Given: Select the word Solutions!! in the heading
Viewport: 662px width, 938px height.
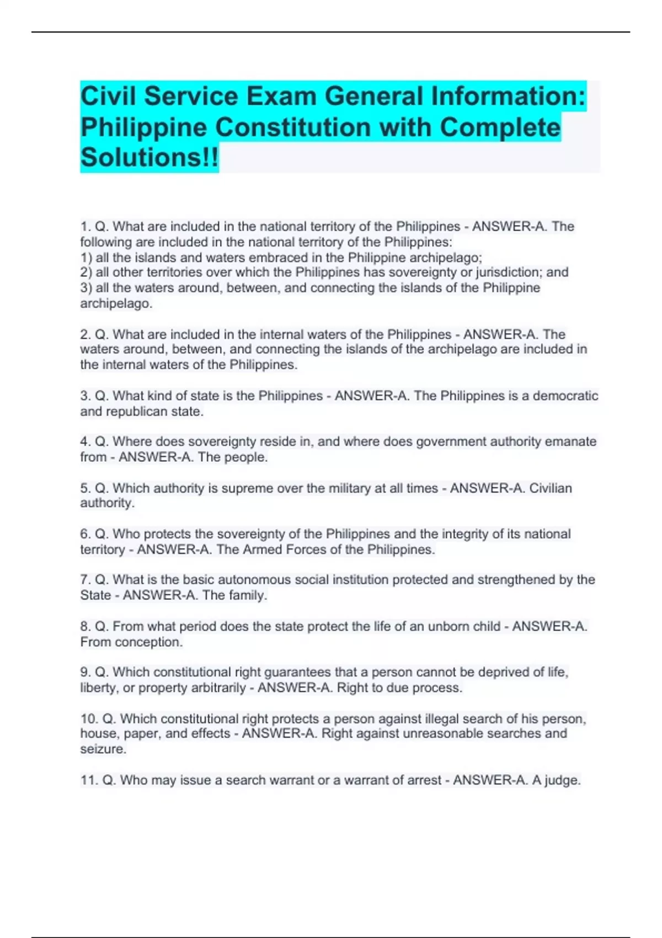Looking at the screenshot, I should (x=150, y=157).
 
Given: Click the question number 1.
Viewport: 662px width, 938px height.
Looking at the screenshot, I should (x=85, y=227).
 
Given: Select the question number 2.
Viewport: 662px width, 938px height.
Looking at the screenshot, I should (x=85, y=334).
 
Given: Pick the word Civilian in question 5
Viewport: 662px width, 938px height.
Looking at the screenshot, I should (x=550, y=488).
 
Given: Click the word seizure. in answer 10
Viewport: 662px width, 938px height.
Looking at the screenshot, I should (x=103, y=749).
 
